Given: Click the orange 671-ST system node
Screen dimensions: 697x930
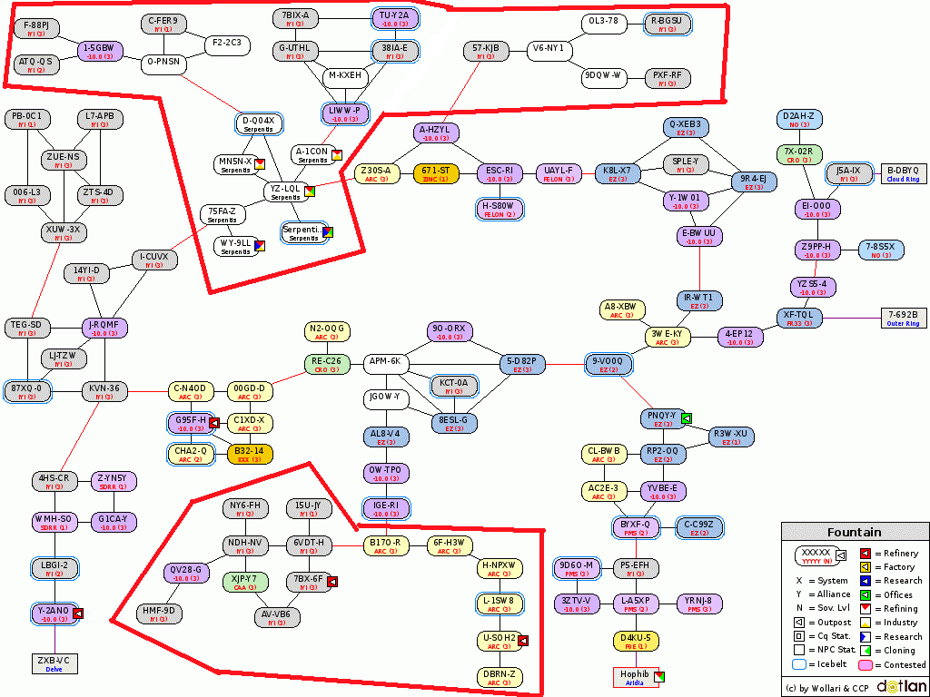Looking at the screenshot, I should click(x=433, y=172).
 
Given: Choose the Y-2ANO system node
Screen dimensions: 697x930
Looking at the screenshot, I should click(x=53, y=614).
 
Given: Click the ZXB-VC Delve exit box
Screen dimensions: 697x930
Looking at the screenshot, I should click(x=53, y=663).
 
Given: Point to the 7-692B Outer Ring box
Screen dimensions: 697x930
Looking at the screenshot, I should click(x=903, y=318).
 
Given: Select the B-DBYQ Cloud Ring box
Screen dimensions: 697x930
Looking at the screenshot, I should click(x=903, y=173).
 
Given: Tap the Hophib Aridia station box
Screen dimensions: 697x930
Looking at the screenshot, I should click(x=634, y=677).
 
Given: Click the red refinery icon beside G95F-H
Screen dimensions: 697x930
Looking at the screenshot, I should click(x=214, y=423).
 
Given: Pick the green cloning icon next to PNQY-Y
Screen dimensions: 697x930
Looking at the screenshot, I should click(x=687, y=418).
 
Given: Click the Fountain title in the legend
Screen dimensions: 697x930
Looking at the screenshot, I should click(x=854, y=533).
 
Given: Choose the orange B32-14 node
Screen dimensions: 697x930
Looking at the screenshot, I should click(x=249, y=454).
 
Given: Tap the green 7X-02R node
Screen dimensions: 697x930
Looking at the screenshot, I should click(x=799, y=154).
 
